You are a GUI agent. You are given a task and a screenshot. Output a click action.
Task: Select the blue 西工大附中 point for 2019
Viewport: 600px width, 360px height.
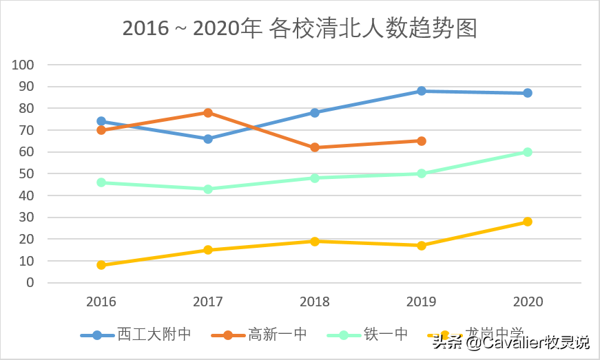tap(421, 91)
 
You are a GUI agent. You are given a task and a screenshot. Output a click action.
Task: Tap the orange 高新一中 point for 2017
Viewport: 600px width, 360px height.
tap(208, 113)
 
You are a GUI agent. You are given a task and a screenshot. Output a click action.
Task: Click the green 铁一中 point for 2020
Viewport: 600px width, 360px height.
tap(528, 152)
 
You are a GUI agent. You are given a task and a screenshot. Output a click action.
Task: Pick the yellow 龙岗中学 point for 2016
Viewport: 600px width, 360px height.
tap(101, 265)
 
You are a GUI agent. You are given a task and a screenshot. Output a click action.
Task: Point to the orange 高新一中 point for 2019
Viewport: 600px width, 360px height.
tap(421, 141)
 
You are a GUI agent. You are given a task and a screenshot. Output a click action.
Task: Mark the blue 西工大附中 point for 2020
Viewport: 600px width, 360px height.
tap(528, 93)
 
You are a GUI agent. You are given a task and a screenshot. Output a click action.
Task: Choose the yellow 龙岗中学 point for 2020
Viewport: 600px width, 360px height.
tap(528, 222)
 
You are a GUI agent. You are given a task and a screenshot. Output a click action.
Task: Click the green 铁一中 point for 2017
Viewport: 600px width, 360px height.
tap(208, 189)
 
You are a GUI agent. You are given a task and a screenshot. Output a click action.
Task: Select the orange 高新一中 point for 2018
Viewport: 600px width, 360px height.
tap(315, 147)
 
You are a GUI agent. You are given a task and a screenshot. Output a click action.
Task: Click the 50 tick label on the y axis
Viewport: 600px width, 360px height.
tap(26, 174)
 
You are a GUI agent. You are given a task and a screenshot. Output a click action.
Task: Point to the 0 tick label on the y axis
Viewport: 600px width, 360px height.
tap(30, 283)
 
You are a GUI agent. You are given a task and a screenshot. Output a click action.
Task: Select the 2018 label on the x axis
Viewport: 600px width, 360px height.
tap(315, 302)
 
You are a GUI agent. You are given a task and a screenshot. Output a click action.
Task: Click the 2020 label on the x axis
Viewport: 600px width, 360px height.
tap(528, 302)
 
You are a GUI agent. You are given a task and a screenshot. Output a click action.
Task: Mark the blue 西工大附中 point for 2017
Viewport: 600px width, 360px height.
tap(208, 139)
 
